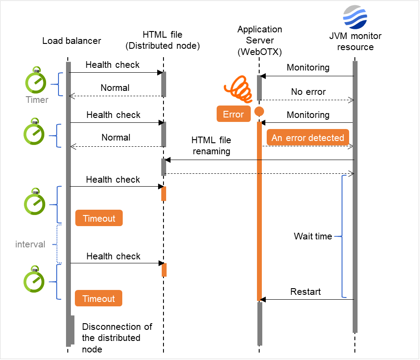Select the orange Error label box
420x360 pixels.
coord(233,114)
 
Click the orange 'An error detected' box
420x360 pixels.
coord(308,137)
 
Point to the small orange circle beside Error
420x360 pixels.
coord(259,111)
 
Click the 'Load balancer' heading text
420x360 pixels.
coord(72,41)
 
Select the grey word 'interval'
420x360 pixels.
coord(30,244)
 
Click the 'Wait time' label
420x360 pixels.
coord(313,236)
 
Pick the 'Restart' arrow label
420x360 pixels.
coord(305,292)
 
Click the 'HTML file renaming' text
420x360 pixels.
coord(211,145)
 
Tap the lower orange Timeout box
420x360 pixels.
coord(98,298)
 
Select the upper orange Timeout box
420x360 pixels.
coord(99,218)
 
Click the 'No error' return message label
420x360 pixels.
coord(308,92)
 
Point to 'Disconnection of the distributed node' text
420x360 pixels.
coord(117,338)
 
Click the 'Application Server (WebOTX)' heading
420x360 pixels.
coord(260,40)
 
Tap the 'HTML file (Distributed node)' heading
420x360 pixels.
coord(163,40)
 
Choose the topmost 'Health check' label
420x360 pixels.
coord(113,65)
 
